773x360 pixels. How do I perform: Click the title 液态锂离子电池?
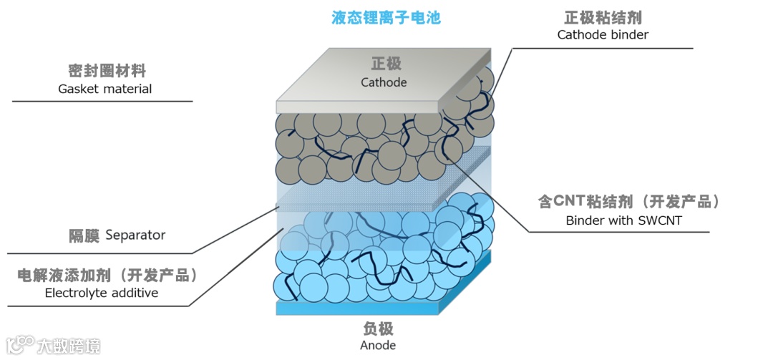(x=386, y=18)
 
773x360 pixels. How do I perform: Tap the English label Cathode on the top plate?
(x=384, y=82)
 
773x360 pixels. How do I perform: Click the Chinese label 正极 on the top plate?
(x=383, y=64)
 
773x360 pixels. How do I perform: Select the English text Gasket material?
(x=105, y=89)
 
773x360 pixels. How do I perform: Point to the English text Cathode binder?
(x=603, y=34)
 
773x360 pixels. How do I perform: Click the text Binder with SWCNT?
(x=624, y=220)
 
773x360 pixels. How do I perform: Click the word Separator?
(x=135, y=235)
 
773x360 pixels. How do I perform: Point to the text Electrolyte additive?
(x=102, y=293)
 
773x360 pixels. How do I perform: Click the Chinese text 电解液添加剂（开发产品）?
(x=107, y=275)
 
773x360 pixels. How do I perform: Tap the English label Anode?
(x=378, y=346)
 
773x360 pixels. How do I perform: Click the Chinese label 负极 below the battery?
(x=378, y=329)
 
